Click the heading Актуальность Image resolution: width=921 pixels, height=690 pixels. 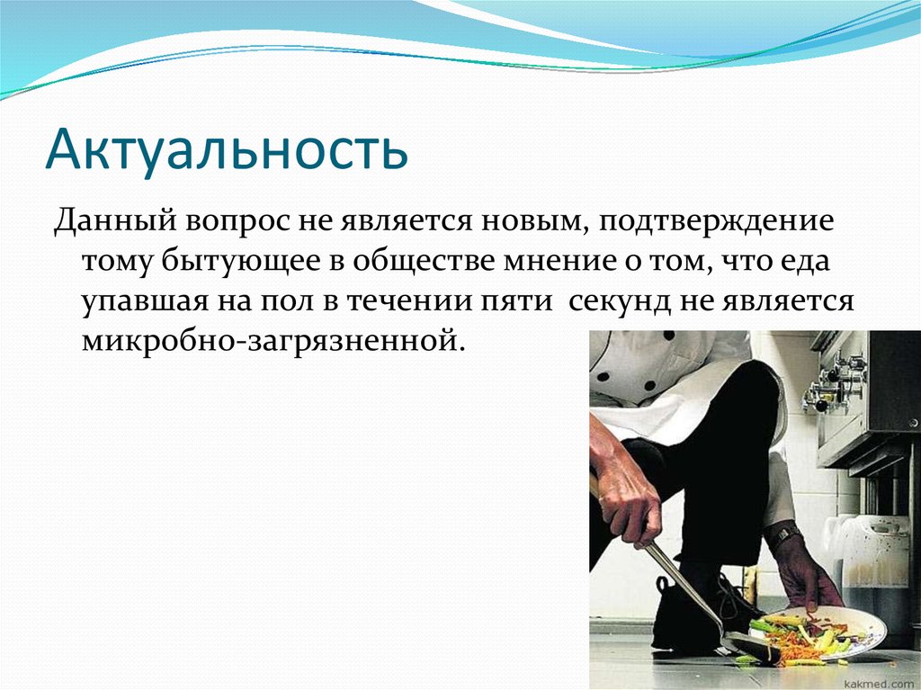227,149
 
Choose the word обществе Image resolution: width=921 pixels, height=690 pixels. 416,262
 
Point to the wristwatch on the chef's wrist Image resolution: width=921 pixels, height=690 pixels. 784,537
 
